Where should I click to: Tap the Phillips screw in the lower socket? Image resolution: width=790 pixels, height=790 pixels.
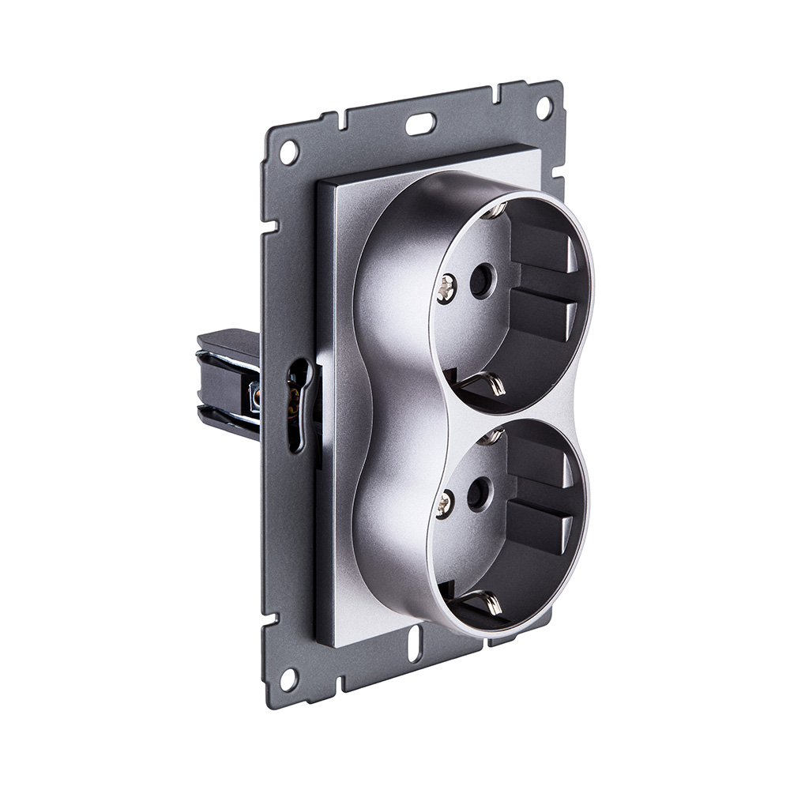(x=445, y=503)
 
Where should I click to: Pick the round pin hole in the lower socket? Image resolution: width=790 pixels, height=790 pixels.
(x=476, y=496)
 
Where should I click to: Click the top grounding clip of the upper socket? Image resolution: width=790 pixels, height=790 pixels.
(x=495, y=209)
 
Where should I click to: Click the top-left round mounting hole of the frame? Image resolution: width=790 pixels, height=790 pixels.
(x=289, y=150)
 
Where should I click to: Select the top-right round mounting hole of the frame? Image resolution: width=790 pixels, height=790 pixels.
(x=544, y=105)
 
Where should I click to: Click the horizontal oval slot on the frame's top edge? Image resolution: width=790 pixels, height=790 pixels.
(x=420, y=123)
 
